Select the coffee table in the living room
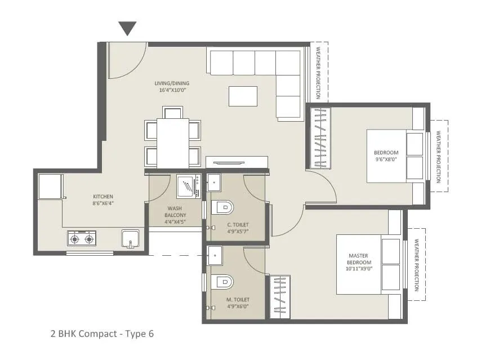click(x=243, y=96)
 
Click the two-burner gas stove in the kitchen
click(x=81, y=239)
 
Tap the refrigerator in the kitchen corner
click(x=50, y=186)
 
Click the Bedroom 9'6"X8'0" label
click(x=386, y=156)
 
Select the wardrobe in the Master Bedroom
click(x=279, y=296)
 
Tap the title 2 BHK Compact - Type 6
click(x=102, y=334)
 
